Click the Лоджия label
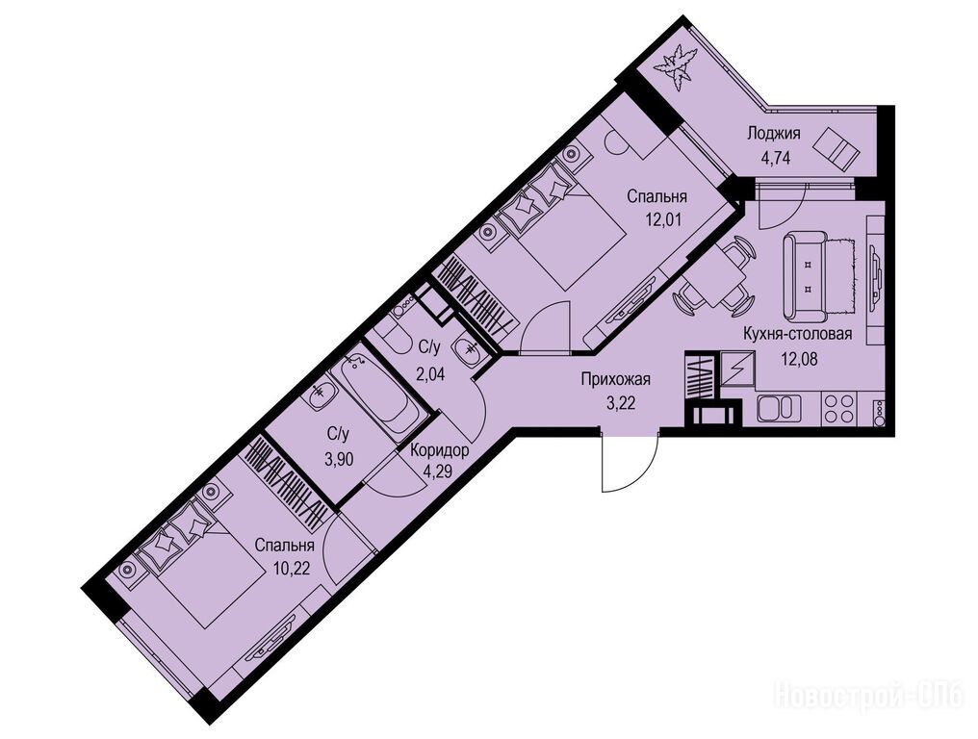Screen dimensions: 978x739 point(773,133)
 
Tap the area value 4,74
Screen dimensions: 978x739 point(775,157)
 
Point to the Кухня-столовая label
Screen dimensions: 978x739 point(797,334)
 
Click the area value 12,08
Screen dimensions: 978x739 point(799,359)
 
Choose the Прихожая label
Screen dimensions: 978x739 point(616,379)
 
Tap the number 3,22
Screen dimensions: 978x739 point(619,403)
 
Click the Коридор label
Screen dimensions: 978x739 point(440,450)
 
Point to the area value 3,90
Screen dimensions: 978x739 point(339,460)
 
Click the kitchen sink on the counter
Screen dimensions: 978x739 point(779,409)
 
